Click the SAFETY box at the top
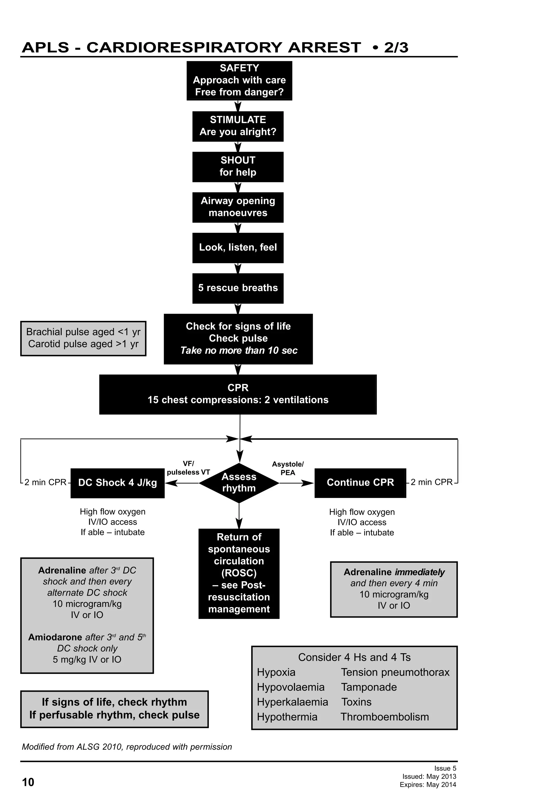[x=239, y=81]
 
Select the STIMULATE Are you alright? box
[x=238, y=126]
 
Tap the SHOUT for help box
[x=238, y=167]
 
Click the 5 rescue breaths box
[x=238, y=288]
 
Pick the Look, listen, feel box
[x=238, y=247]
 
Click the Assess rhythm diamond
[x=239, y=482]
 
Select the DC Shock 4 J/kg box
[x=118, y=483]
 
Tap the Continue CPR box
[x=360, y=482]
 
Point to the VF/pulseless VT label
[x=188, y=468]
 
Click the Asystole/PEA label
[x=288, y=469]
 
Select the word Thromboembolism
[x=385, y=717]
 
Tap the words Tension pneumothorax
[x=395, y=672]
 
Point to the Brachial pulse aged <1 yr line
[x=83, y=332]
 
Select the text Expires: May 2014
[x=428, y=785]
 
